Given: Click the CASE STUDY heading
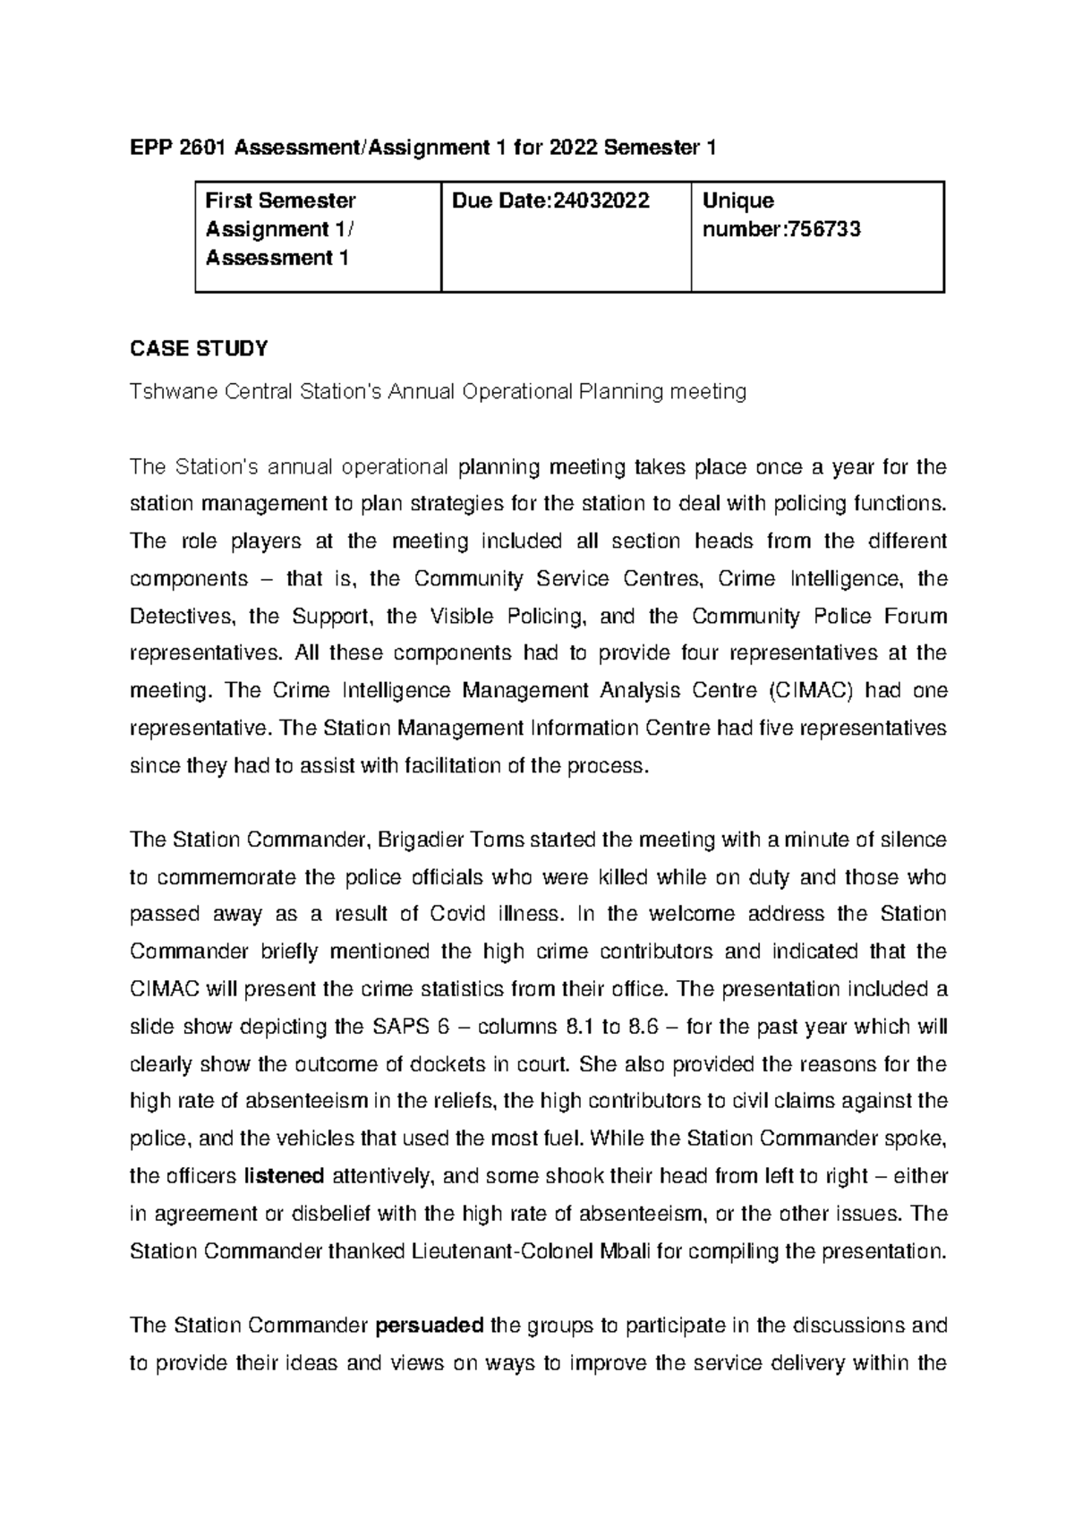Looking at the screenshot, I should (x=199, y=349).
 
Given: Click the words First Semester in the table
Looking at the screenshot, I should (x=280, y=200).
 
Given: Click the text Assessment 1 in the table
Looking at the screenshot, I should (x=277, y=258).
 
